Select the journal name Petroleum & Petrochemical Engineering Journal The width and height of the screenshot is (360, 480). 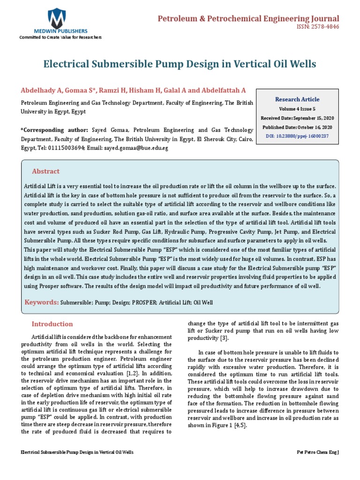[248, 18]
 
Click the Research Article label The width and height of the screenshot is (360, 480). [297, 99]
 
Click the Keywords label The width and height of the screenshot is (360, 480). [42, 302]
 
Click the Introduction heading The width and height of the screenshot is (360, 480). [52, 324]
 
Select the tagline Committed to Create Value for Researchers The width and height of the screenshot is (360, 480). [60, 37]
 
